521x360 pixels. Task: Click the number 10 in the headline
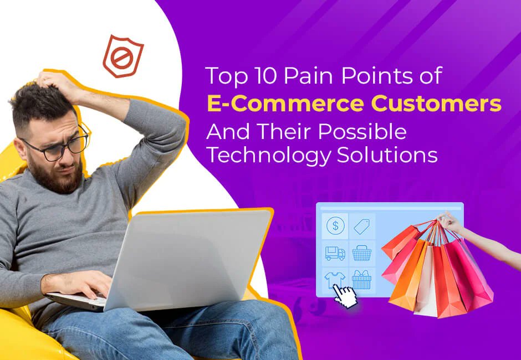261,76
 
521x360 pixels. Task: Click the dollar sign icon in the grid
335,225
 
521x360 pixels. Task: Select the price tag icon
362,226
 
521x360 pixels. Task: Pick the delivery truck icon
335,253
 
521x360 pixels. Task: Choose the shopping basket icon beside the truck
362,253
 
